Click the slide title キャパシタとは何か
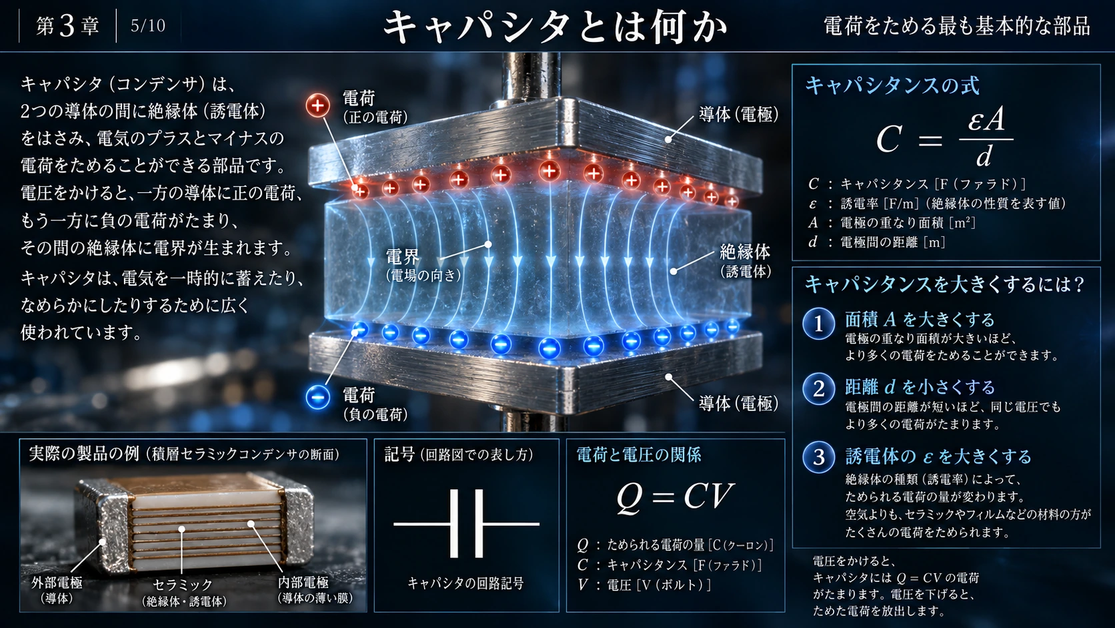pos(555,26)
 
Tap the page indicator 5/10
pos(148,26)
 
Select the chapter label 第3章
pos(67,26)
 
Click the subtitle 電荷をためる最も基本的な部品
pos(957,26)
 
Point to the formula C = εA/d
pos(945,138)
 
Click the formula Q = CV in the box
pos(675,497)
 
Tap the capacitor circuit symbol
pos(466,524)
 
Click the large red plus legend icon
pos(317,105)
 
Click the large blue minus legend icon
pos(317,397)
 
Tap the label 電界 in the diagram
pos(403,257)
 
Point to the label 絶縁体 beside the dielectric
pos(745,252)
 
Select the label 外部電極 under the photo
pos(57,583)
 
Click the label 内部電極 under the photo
pos(303,582)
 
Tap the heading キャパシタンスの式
pos(892,85)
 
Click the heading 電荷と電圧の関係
pos(639,454)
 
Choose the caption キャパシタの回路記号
pos(466,583)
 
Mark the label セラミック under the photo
pos(183,585)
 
